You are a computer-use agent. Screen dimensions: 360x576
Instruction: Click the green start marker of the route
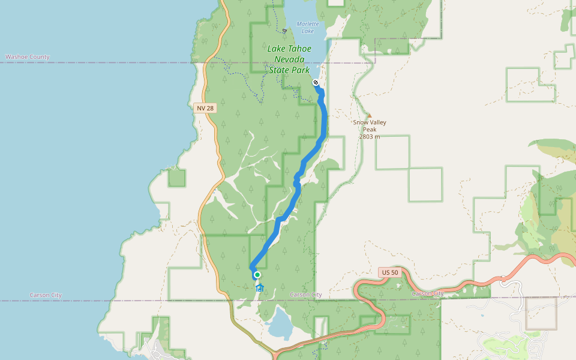coord(257,275)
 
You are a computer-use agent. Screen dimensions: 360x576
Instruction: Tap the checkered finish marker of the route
coord(316,82)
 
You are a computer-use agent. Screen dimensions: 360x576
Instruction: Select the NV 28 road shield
coord(205,108)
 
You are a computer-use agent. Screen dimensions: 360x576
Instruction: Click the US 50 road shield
coord(389,272)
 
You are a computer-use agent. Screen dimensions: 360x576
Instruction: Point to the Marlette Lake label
coord(307,27)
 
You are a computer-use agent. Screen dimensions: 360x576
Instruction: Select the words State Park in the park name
coord(289,70)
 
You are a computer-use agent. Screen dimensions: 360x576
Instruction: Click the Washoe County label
coord(28,57)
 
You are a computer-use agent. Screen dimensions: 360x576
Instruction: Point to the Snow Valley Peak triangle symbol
coord(369,115)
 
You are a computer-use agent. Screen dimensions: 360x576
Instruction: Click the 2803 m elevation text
coord(370,137)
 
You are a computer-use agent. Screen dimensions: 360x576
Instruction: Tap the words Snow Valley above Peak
coord(370,122)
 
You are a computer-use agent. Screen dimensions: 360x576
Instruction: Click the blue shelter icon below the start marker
coord(260,288)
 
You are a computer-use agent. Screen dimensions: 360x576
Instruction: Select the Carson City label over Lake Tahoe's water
coord(46,295)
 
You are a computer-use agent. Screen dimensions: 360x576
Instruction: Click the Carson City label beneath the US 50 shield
coord(428,293)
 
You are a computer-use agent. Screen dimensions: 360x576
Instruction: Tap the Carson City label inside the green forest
coord(306,295)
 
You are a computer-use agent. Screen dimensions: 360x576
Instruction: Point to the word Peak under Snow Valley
coord(370,130)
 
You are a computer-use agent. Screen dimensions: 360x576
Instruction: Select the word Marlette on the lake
coord(308,24)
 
